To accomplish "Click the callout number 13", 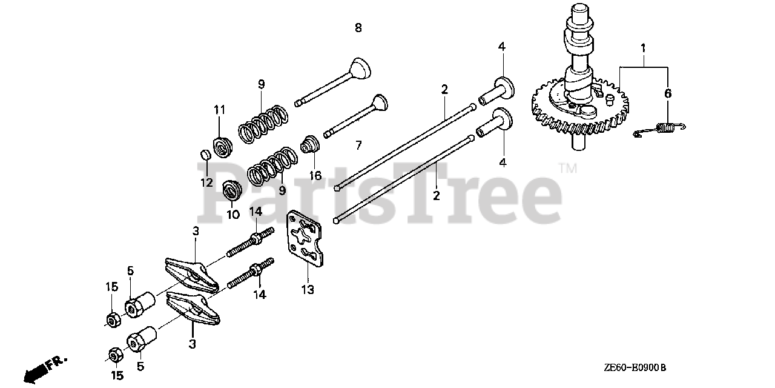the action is (x=308, y=290).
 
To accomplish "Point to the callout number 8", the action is (x=358, y=28).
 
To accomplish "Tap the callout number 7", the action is (x=358, y=145).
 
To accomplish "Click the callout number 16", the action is (x=315, y=176).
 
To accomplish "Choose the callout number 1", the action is (x=643, y=47).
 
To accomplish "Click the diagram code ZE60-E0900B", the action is (x=634, y=367).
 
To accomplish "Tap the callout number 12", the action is (x=206, y=182).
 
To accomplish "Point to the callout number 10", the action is (x=233, y=214).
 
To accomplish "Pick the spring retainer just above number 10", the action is (x=232, y=189).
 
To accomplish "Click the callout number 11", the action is (x=219, y=110).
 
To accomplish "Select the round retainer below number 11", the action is (x=222, y=147).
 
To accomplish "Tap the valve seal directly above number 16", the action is (x=311, y=145).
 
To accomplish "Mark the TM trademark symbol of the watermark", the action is (x=567, y=168).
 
